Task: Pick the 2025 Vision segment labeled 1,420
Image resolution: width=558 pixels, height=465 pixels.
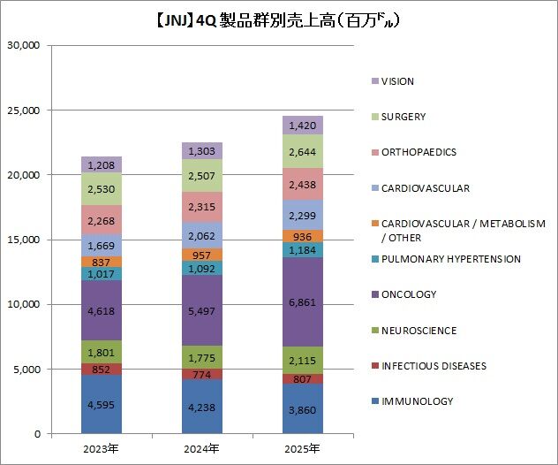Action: (303, 126)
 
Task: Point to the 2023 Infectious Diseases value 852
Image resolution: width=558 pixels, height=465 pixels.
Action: (101, 370)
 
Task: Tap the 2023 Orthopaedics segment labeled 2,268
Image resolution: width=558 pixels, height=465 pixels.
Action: (101, 220)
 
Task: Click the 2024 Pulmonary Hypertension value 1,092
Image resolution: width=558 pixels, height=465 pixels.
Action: (202, 268)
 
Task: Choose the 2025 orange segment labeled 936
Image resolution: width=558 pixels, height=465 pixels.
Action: (303, 236)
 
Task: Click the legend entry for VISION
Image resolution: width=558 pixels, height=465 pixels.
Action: (397, 81)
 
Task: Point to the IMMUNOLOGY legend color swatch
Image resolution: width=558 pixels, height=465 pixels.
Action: (375, 401)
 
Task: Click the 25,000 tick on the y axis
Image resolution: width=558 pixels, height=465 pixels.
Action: (27, 111)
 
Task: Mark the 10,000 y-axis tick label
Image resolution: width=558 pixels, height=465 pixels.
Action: (27, 304)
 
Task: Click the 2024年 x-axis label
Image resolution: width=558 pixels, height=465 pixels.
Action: (202, 449)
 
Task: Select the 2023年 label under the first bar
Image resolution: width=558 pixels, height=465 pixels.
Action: (101, 449)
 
